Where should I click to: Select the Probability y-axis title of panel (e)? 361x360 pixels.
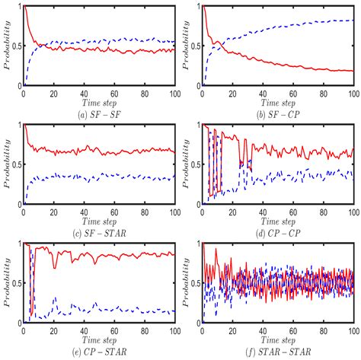[7, 283]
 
